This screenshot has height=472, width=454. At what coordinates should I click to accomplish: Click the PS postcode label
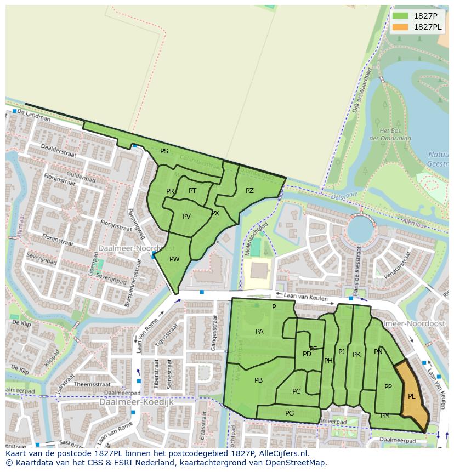(164, 151)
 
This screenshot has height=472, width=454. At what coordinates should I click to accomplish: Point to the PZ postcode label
(249, 191)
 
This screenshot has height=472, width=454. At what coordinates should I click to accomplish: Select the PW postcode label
(174, 259)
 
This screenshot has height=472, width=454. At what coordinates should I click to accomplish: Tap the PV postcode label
(186, 217)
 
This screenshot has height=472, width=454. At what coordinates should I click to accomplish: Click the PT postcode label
(192, 191)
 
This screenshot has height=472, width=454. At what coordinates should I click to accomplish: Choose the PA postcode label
(259, 332)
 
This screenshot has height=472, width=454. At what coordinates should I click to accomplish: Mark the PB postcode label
(258, 380)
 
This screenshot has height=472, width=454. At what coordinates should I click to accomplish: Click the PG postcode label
(290, 413)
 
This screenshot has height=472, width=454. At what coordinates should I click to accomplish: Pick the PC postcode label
(296, 391)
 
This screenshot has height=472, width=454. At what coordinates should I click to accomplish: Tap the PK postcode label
(356, 355)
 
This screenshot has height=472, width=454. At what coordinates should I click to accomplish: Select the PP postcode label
(388, 387)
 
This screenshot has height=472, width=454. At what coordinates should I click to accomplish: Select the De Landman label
(34, 113)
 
